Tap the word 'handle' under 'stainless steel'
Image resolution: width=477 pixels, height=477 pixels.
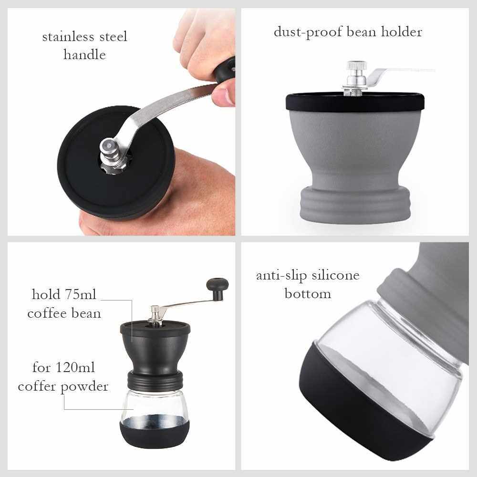pos(84,55)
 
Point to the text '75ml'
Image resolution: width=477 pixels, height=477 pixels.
pos(80,294)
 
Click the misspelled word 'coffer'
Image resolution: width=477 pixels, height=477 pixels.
pos(38,387)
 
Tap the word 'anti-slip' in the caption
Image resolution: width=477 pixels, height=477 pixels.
pos(282,276)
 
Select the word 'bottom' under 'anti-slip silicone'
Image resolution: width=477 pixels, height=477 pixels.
pos(308,294)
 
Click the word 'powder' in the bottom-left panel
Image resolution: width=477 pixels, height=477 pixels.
pos(84,387)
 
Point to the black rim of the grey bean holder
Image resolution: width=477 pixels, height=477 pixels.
pos(355,102)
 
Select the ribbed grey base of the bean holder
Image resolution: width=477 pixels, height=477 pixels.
pos(355,203)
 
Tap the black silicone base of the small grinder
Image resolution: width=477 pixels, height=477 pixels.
pos(155,434)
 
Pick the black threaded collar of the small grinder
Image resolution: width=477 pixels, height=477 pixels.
pos(155,380)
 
